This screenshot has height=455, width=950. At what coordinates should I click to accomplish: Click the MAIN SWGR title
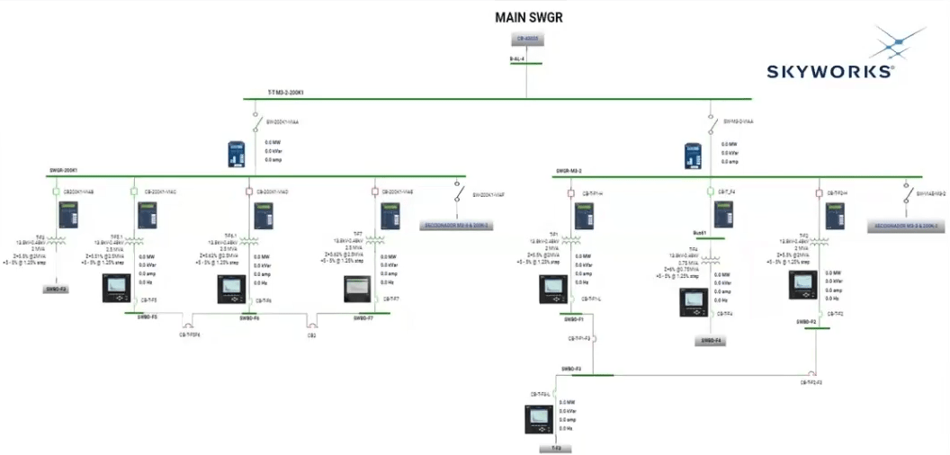point(529,17)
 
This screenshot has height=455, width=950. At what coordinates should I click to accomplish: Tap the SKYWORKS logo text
point(829,72)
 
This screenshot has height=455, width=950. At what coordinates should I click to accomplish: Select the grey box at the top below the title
point(527,39)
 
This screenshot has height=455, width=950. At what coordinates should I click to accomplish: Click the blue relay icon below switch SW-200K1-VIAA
point(236,154)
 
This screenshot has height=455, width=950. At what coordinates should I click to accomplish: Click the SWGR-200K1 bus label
point(63,170)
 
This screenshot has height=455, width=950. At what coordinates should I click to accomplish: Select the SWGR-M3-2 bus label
point(569,170)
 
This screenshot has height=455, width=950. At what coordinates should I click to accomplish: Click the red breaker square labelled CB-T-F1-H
point(570,192)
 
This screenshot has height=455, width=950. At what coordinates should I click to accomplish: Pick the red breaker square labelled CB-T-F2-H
point(818,192)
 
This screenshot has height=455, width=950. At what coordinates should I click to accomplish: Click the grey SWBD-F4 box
point(710,341)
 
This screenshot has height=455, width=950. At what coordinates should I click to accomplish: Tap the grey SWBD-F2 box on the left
point(57,290)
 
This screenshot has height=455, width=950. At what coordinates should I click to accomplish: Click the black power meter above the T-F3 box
point(540,418)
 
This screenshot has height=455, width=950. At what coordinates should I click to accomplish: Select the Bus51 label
point(700,232)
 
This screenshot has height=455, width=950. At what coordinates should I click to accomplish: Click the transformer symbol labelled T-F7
point(369,239)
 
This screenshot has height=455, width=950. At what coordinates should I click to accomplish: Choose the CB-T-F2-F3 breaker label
point(812,382)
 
